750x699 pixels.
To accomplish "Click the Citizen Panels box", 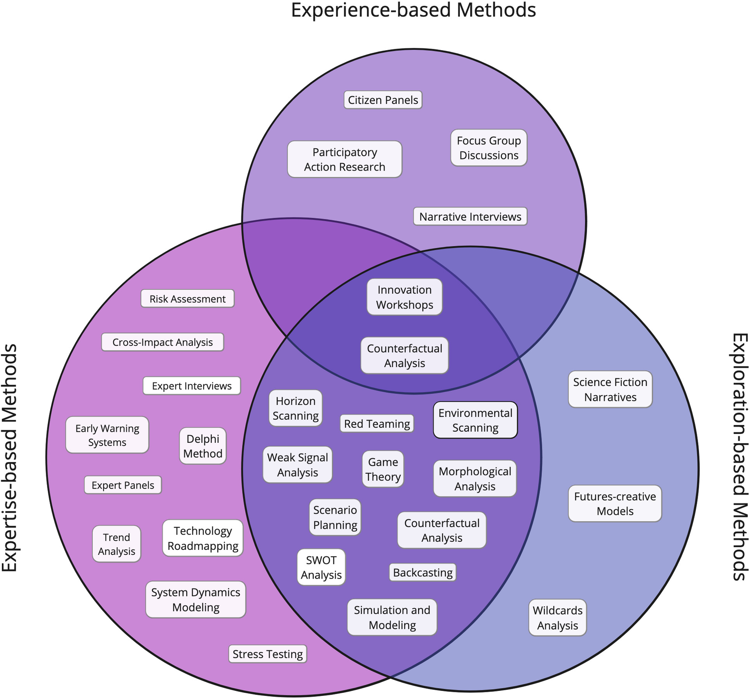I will tap(383, 100).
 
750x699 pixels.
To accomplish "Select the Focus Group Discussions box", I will tap(489, 148).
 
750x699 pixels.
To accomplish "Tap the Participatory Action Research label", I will tap(344, 159).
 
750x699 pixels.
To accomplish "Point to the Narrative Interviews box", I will tap(470, 217).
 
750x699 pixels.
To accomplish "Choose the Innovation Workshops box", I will tap(404, 297).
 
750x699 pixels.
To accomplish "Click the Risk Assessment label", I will tap(187, 299).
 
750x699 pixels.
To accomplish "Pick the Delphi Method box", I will tap(203, 446).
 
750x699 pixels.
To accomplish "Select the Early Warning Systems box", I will tap(107, 435).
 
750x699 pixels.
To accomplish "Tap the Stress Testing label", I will tap(268, 654).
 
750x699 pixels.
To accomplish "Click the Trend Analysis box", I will tap(116, 544).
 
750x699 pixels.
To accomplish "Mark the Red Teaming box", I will tap(377, 424).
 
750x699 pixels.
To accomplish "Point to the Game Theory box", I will tap(383, 469).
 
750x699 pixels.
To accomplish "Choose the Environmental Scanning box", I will tap(475, 420).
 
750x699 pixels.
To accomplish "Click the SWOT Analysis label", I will tap(321, 567).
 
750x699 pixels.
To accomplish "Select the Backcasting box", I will tap(422, 572).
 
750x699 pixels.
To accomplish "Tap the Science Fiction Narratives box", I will tap(610, 389).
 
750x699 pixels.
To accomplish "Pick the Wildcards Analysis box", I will tap(557, 618).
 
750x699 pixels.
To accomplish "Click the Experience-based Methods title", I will tap(413, 10).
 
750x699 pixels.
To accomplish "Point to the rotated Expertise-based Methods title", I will tap(10, 458).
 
